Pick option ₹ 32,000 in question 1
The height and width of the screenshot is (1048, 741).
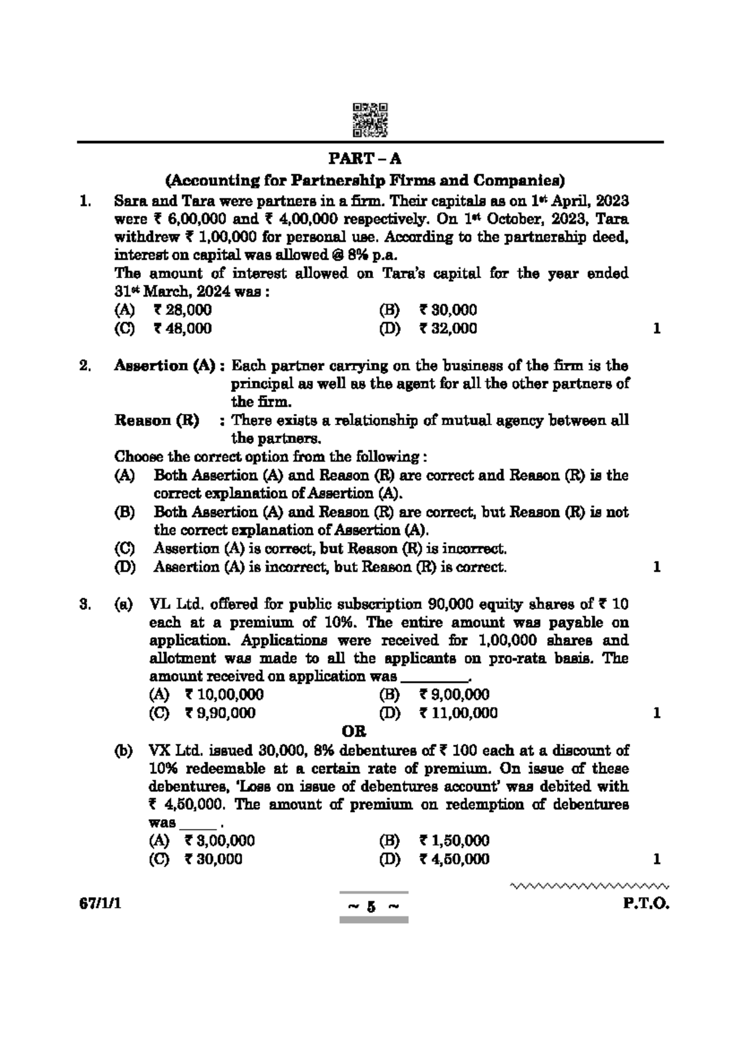click(448, 329)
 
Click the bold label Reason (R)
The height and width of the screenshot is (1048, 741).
click(157, 421)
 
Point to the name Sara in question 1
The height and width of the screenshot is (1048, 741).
click(128, 201)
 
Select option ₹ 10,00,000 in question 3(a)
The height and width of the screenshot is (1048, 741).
click(224, 695)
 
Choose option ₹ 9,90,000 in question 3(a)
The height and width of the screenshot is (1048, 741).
click(219, 713)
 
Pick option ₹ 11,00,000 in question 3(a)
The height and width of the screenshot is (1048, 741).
click(458, 713)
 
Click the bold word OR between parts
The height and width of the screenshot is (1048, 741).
click(354, 732)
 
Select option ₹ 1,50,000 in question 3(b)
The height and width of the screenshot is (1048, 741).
click(454, 840)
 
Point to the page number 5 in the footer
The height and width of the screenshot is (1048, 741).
click(371, 907)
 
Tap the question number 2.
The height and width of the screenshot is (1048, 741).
click(85, 366)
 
